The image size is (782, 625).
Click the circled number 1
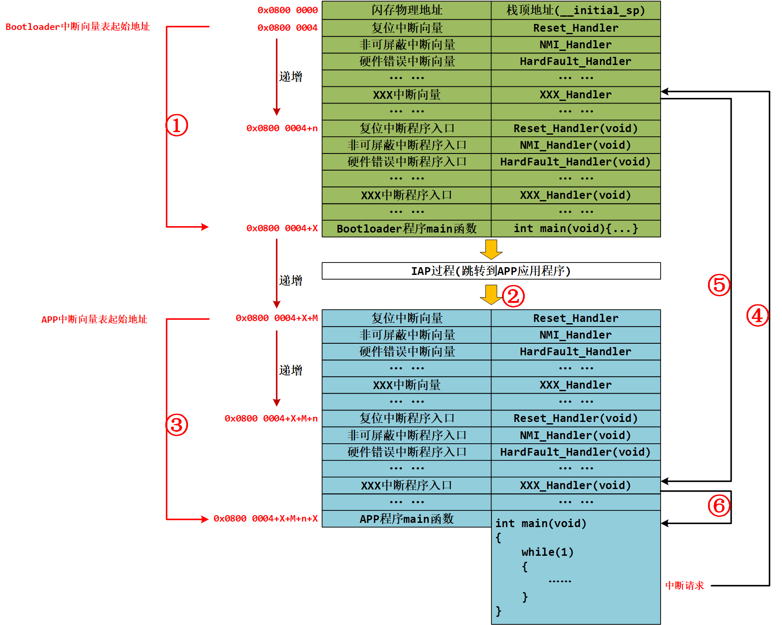pyautogui.click(x=176, y=125)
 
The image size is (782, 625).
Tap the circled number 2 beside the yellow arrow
pyautogui.click(x=513, y=296)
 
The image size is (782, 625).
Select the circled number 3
pyautogui.click(x=176, y=425)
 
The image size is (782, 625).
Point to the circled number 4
pyautogui.click(x=757, y=315)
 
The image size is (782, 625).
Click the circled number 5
pyautogui.click(x=719, y=285)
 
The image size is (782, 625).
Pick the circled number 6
pyautogui.click(x=719, y=506)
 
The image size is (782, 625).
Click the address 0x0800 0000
pyautogui.click(x=287, y=10)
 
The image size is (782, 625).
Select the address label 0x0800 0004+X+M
pyautogui.click(x=276, y=318)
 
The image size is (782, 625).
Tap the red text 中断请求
pyautogui.click(x=684, y=585)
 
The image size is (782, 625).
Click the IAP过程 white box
pyautogui.click(x=491, y=271)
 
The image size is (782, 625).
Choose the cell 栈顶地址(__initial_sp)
pyautogui.click(x=575, y=10)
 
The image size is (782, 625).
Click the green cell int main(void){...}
pyautogui.click(x=575, y=229)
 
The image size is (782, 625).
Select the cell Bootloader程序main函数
pyautogui.click(x=406, y=229)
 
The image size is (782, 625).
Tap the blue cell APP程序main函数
pyautogui.click(x=406, y=519)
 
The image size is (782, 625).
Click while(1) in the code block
pyautogui.click(x=547, y=552)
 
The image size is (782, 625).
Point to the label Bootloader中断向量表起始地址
pyautogui.click(x=77, y=27)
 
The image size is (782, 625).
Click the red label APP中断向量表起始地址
pyautogui.click(x=94, y=319)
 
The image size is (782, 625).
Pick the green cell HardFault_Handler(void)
pyautogui.click(x=575, y=162)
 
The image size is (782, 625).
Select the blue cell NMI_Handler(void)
pyautogui.click(x=575, y=435)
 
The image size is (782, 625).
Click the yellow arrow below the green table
pyautogui.click(x=491, y=249)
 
